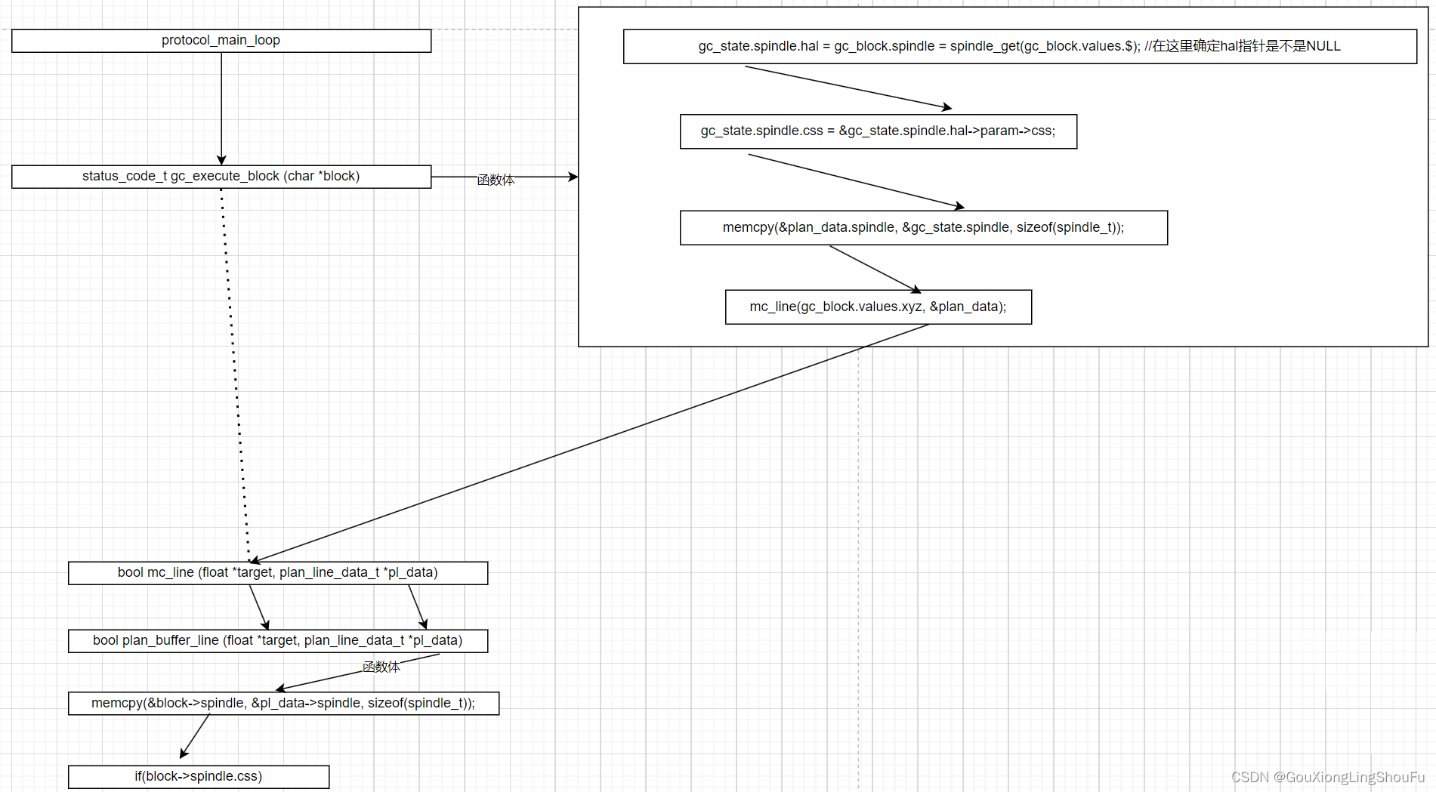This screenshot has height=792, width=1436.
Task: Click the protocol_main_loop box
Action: (x=221, y=41)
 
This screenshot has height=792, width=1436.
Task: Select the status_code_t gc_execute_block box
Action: (x=221, y=177)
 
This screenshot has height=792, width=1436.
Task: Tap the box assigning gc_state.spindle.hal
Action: (x=1019, y=47)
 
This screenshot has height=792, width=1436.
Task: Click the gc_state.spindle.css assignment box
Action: (x=878, y=131)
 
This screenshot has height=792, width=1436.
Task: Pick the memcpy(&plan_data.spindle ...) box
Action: (x=923, y=228)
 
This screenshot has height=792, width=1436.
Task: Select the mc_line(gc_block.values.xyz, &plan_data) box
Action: (x=878, y=307)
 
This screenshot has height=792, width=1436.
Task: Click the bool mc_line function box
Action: (x=277, y=573)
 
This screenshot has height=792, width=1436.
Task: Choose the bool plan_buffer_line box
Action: (x=277, y=641)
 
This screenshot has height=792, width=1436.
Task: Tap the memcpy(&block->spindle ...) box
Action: (x=283, y=704)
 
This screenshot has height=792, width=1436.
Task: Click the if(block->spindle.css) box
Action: (x=199, y=777)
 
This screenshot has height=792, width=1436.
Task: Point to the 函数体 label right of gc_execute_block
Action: (x=496, y=180)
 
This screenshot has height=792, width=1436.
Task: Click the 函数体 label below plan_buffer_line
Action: (x=381, y=667)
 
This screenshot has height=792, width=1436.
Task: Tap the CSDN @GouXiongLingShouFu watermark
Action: (x=1327, y=777)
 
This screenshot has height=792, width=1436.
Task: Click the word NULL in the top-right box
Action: (x=1323, y=47)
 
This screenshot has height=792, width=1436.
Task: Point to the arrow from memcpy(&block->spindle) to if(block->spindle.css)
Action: (x=195, y=735)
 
